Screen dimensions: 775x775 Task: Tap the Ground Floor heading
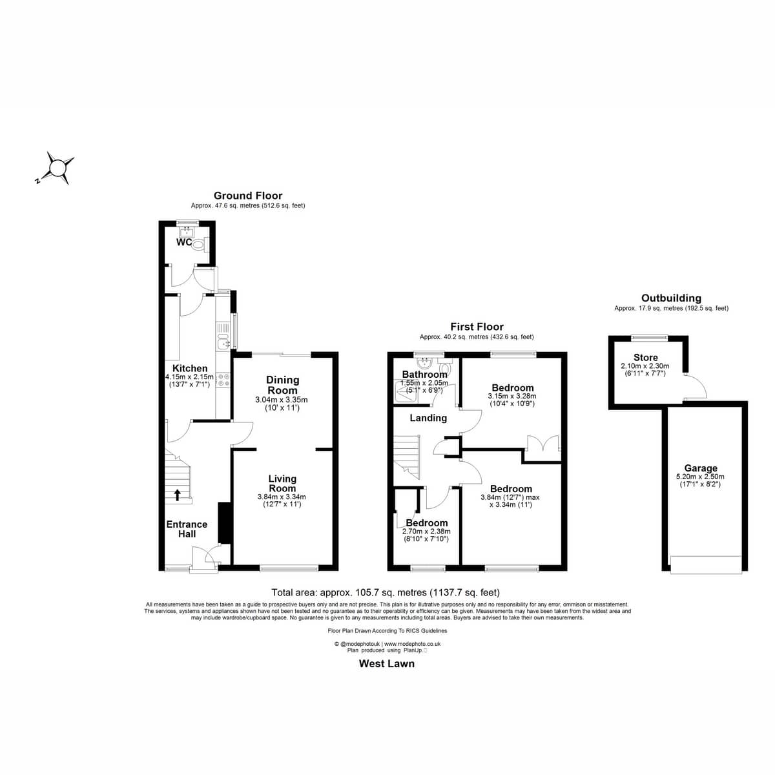(x=248, y=196)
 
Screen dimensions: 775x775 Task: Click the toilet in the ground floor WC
(x=200, y=243)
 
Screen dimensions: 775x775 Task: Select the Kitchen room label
(x=190, y=368)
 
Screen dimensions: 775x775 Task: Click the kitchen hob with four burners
(x=223, y=380)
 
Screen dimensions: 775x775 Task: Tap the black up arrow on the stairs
(x=177, y=495)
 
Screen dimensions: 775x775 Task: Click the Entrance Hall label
(x=187, y=529)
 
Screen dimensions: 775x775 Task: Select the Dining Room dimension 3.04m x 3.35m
(x=281, y=400)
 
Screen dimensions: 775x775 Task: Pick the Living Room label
(x=282, y=484)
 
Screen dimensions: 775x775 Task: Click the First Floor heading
(x=477, y=327)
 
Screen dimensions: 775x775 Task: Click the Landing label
(x=428, y=418)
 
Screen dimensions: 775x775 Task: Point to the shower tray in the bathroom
(x=406, y=392)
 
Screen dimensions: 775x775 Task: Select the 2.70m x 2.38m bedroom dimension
(x=426, y=532)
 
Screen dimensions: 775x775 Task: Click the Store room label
(x=645, y=358)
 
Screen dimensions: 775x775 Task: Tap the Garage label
(x=701, y=468)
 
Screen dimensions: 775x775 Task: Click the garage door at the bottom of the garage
(x=706, y=564)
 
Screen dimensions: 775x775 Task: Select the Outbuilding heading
(x=671, y=298)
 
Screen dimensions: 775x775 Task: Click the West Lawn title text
(x=386, y=664)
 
